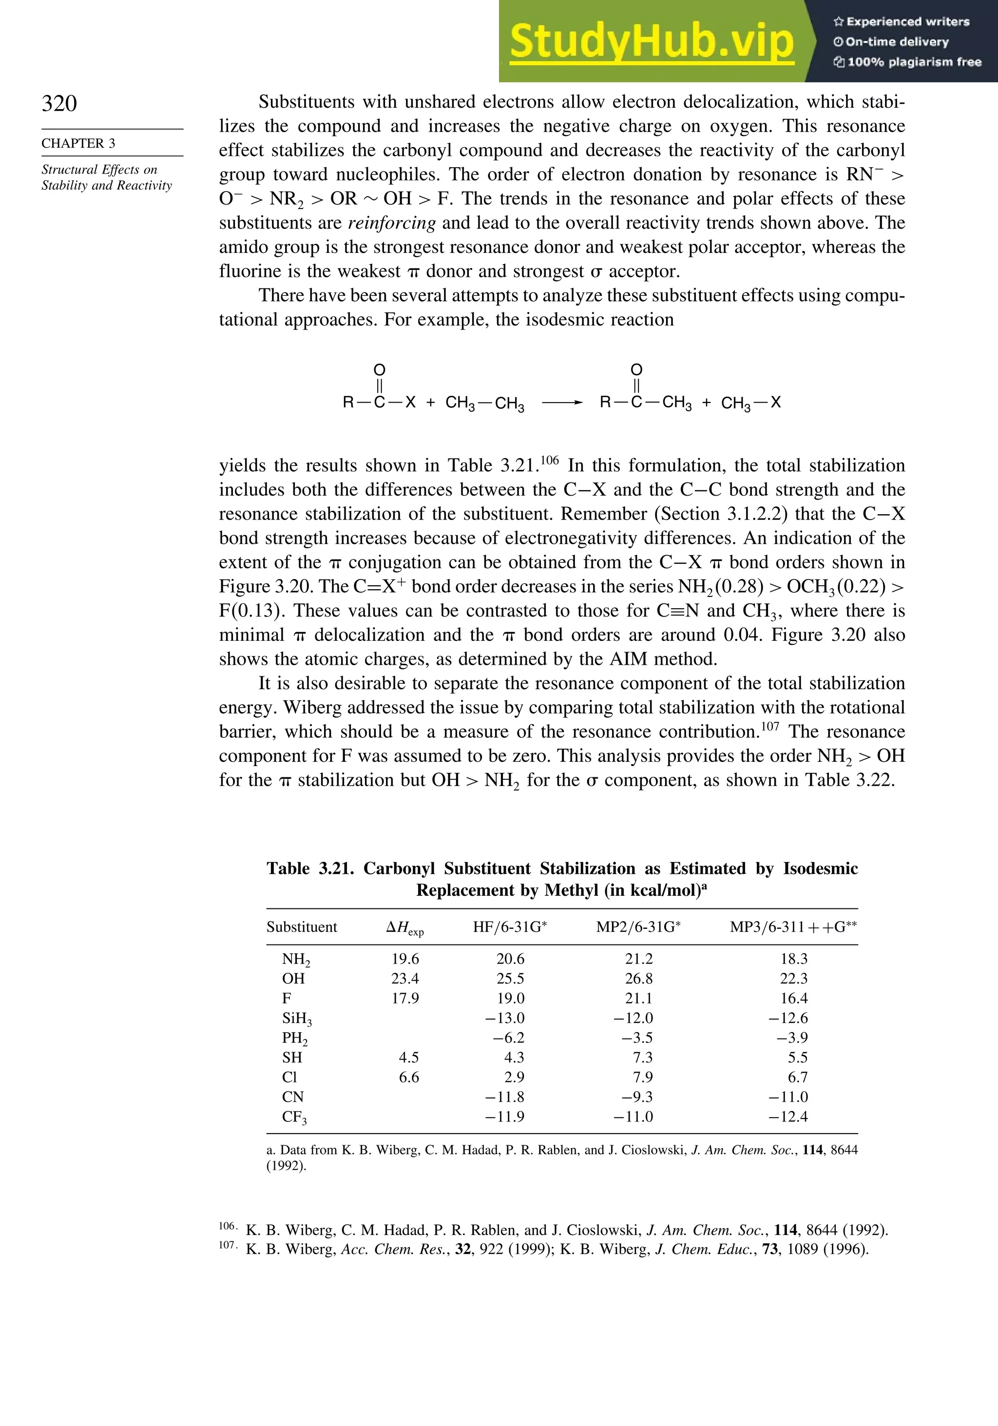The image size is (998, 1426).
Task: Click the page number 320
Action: (59, 103)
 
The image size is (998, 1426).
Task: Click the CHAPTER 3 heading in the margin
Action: (78, 143)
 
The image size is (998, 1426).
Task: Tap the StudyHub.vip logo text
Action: (652, 41)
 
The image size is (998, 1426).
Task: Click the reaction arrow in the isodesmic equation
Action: (561, 403)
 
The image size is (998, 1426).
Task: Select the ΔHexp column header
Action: (405, 927)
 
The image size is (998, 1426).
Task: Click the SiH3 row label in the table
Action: (296, 1019)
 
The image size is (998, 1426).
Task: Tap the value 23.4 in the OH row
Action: (405, 978)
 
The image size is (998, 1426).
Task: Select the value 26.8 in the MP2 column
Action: (638, 978)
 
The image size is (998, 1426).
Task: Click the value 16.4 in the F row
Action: (794, 998)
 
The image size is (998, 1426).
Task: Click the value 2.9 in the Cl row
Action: (514, 1077)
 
